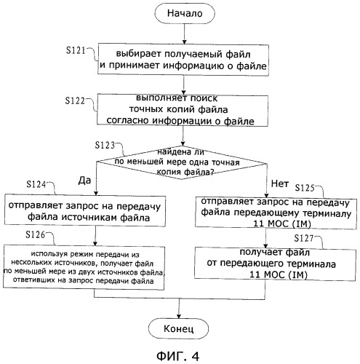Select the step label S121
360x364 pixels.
(76, 50)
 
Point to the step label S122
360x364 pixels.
(75, 100)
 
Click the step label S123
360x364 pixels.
(105, 145)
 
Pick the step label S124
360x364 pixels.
(36, 184)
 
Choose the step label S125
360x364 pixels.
(305, 188)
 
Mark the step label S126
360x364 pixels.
(36, 234)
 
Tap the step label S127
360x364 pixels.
(304, 238)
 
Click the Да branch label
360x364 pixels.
(84, 181)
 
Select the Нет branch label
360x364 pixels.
(280, 183)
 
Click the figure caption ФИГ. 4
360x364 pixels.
(177, 356)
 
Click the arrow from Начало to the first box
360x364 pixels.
(184, 33)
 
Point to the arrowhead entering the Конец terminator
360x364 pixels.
(179, 316)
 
